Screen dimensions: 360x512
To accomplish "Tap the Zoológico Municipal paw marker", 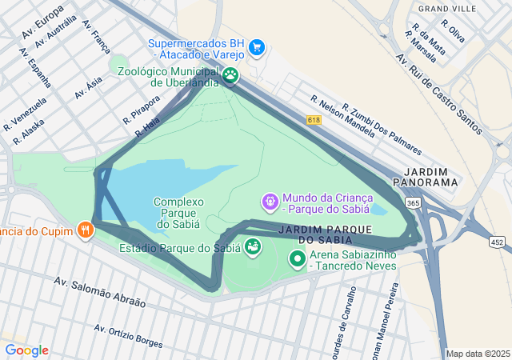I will click(x=230, y=76).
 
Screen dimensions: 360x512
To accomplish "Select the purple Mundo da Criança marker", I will click(x=271, y=199).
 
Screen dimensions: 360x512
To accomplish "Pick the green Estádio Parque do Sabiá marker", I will click(x=252, y=246).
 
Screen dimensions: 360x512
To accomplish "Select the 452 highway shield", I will click(x=498, y=242).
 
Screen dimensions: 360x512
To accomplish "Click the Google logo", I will click(x=26, y=350).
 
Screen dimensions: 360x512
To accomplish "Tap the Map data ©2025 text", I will click(x=478, y=354).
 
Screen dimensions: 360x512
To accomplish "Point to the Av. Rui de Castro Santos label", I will click(x=439, y=91).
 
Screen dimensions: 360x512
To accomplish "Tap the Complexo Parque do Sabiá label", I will click(x=179, y=213).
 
